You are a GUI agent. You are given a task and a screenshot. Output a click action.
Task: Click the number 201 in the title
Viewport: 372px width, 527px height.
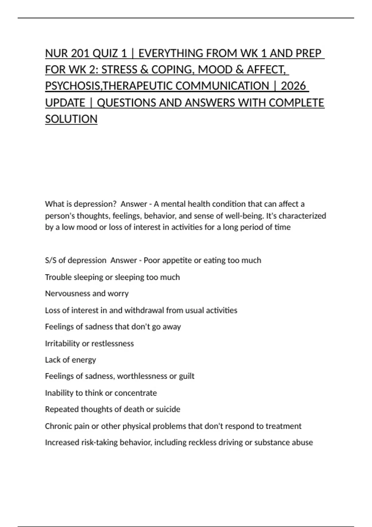80,54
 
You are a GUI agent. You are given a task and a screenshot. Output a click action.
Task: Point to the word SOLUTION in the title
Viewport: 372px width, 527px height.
71,119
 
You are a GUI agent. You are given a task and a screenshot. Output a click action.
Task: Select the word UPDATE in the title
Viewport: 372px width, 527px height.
65,103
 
